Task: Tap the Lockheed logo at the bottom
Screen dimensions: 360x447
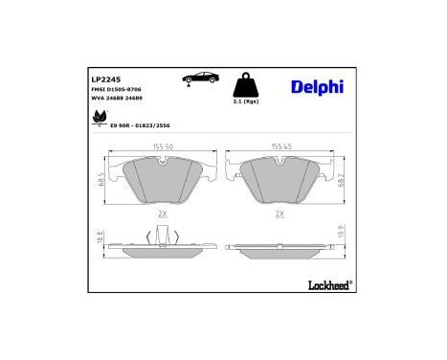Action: click(x=324, y=283)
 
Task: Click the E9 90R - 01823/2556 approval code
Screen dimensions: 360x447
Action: click(x=142, y=124)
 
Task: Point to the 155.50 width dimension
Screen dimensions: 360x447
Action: click(x=164, y=147)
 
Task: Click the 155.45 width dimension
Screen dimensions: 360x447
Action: click(x=280, y=146)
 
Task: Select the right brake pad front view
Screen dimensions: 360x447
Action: click(x=280, y=178)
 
